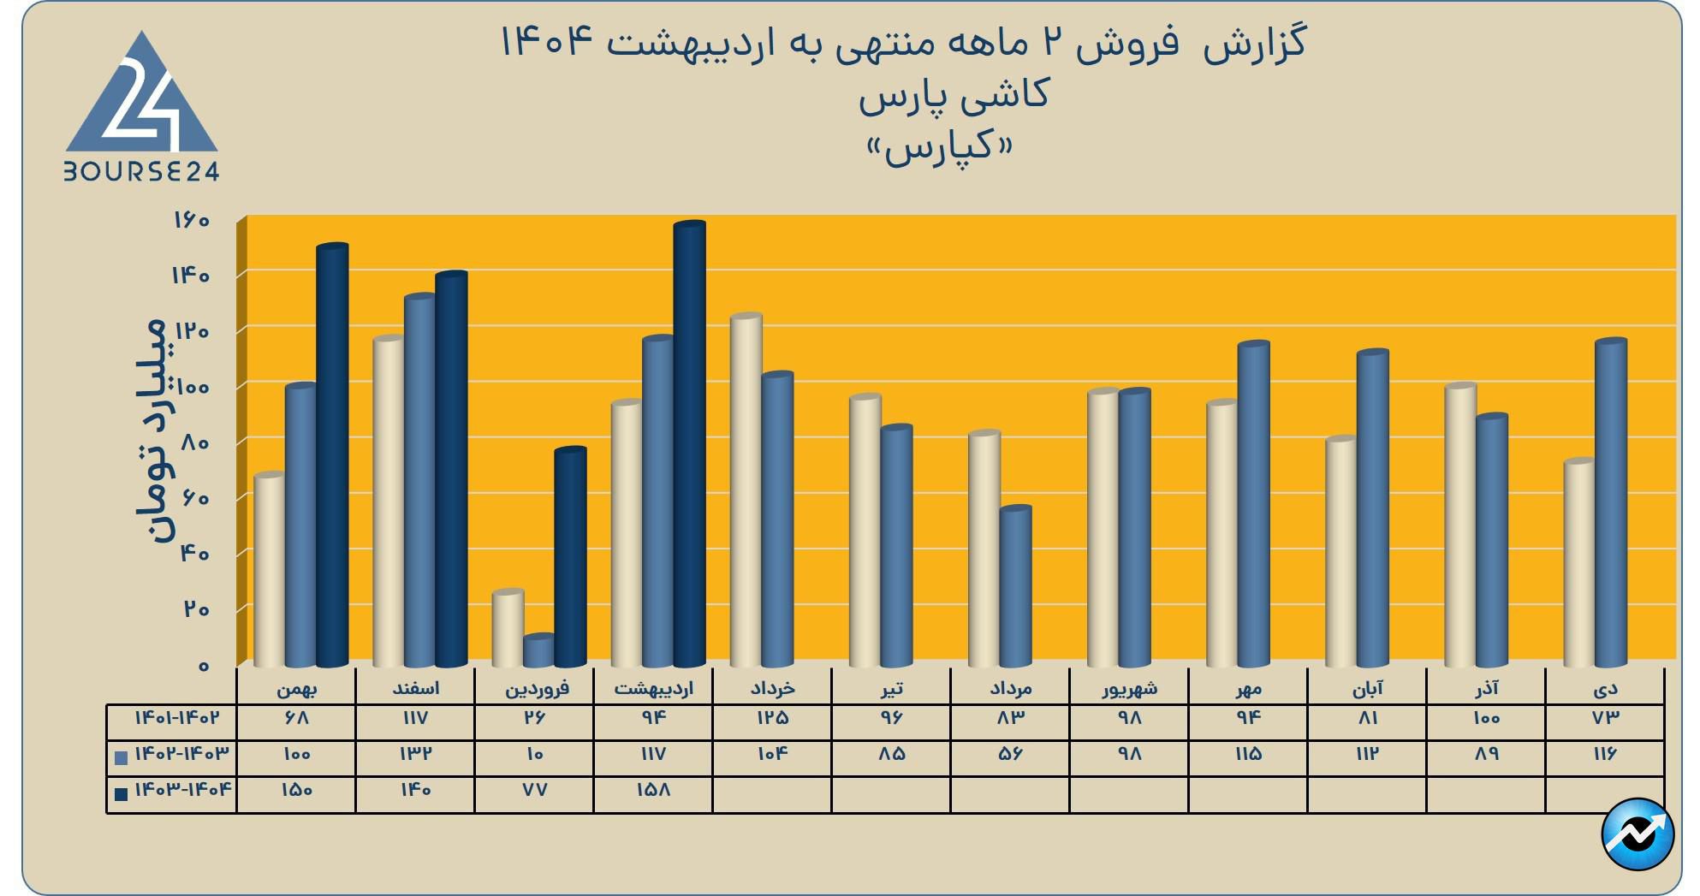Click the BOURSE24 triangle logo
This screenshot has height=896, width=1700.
point(142,107)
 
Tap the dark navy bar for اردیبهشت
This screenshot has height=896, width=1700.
point(689,445)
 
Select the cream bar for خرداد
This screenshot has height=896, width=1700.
point(746,492)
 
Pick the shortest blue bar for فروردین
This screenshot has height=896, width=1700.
point(538,651)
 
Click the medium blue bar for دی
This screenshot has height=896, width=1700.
point(1610,504)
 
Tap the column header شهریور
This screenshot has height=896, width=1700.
point(1129,688)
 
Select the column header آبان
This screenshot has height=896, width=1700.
point(1367,688)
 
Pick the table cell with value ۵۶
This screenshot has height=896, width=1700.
point(1010,755)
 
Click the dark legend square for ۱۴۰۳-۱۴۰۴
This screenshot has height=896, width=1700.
point(122,794)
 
